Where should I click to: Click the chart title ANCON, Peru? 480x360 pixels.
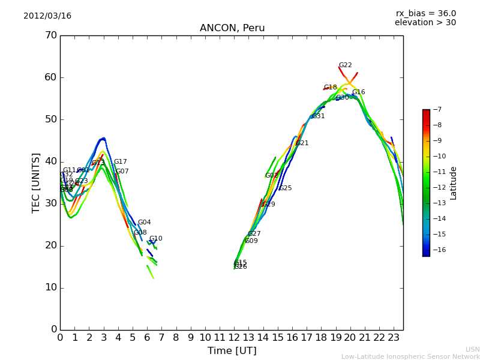point(232,28)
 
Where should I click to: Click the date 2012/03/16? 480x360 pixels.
point(47,16)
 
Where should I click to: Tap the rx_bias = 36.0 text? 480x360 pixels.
point(425,13)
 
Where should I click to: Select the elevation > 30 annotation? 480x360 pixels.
point(425,23)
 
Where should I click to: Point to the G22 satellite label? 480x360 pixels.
point(345,65)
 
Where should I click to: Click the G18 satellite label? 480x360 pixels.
point(330,88)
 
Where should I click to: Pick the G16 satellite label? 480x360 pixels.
point(358,92)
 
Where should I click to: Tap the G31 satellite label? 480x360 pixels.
point(318,116)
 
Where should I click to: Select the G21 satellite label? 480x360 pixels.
point(302,143)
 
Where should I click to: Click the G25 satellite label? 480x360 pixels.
point(285,188)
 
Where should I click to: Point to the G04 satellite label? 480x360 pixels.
point(144,223)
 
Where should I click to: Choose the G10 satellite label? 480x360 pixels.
point(155,239)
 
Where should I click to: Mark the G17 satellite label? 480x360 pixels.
point(120,162)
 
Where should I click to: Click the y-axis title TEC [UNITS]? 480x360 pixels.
point(36,182)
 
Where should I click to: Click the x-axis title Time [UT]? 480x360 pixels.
point(232,351)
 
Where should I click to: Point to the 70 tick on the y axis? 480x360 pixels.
point(50,35)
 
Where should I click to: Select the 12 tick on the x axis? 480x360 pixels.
point(234,338)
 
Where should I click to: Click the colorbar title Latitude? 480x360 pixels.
point(454,183)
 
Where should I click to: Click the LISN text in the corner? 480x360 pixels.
point(472,349)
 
